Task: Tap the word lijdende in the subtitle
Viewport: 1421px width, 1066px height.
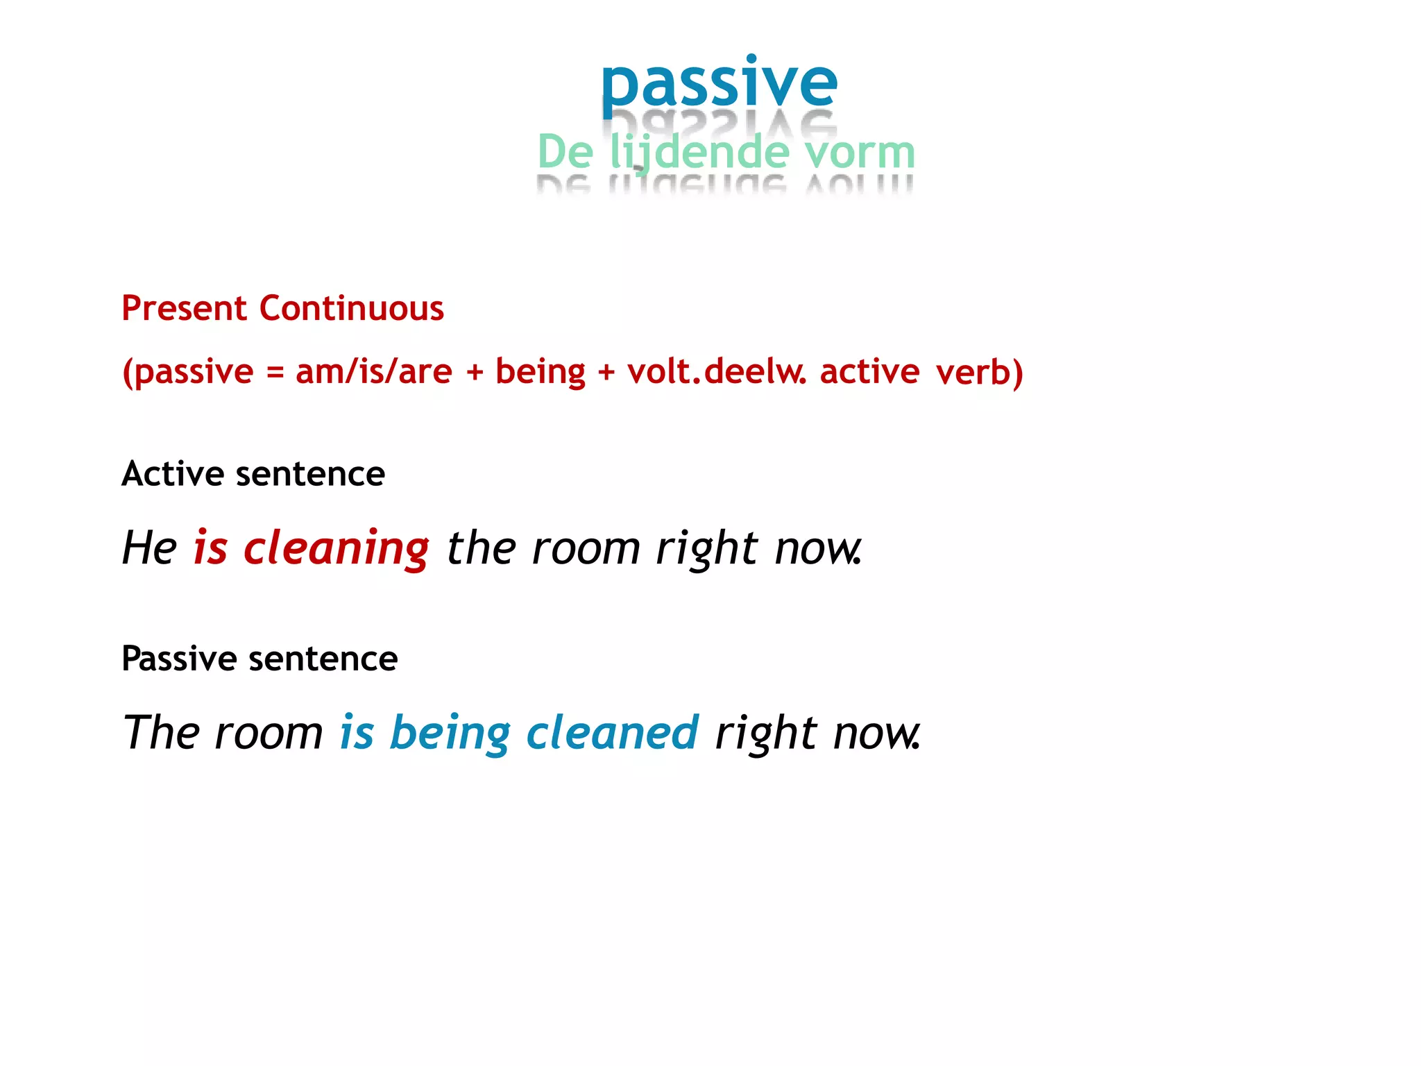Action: tap(699, 152)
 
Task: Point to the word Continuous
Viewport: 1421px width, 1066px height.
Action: tap(351, 308)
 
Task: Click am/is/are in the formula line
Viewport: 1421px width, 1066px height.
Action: tap(373, 371)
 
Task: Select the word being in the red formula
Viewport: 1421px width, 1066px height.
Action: tap(540, 371)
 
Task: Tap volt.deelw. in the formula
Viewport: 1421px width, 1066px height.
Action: tap(716, 371)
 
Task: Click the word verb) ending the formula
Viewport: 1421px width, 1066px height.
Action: tap(979, 372)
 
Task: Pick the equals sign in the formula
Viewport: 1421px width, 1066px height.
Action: tap(275, 373)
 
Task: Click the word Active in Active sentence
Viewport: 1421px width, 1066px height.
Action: tap(173, 474)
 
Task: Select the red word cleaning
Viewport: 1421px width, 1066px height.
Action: tap(336, 548)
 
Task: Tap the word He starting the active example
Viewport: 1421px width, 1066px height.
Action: tap(149, 548)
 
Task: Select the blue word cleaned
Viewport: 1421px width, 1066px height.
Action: tap(612, 733)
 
